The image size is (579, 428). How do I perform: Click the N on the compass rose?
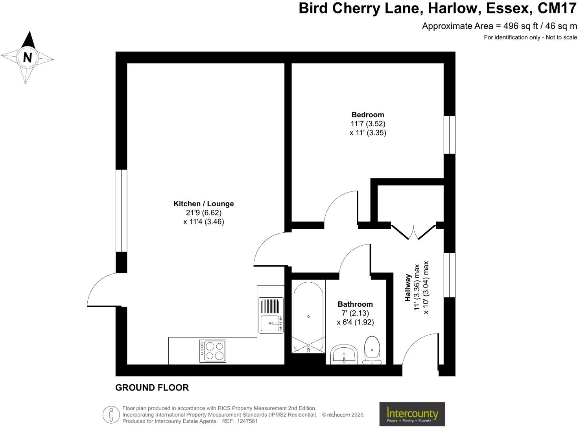pyautogui.click(x=27, y=57)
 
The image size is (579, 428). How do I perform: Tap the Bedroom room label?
pyautogui.click(x=367, y=115)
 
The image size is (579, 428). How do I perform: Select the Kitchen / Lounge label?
pyautogui.click(x=203, y=204)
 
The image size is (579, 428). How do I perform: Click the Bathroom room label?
pyautogui.click(x=355, y=304)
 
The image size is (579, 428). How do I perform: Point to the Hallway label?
pyautogui.click(x=408, y=288)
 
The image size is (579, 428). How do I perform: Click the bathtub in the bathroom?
pyautogui.click(x=308, y=317)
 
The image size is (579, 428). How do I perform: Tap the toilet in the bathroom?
pyautogui.click(x=372, y=350)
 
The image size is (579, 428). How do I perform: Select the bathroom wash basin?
pyautogui.click(x=344, y=354)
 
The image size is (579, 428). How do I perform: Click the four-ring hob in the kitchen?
pyautogui.click(x=213, y=351)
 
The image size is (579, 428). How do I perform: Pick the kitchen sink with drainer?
pyautogui.click(x=271, y=315)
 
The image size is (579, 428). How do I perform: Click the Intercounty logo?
pyautogui.click(x=412, y=414)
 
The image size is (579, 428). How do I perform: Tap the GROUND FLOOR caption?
pyautogui.click(x=152, y=387)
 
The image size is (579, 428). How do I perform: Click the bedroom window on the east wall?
pyautogui.click(x=449, y=134)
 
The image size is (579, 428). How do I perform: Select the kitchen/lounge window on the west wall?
pyautogui.click(x=121, y=211)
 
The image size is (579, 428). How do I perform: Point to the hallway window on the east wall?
pyautogui.click(x=449, y=274)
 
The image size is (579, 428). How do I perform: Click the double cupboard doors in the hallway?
pyautogui.click(x=414, y=232)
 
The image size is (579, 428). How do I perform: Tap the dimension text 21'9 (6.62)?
pyautogui.click(x=203, y=213)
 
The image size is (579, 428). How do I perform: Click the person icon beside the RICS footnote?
pyautogui.click(x=111, y=415)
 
